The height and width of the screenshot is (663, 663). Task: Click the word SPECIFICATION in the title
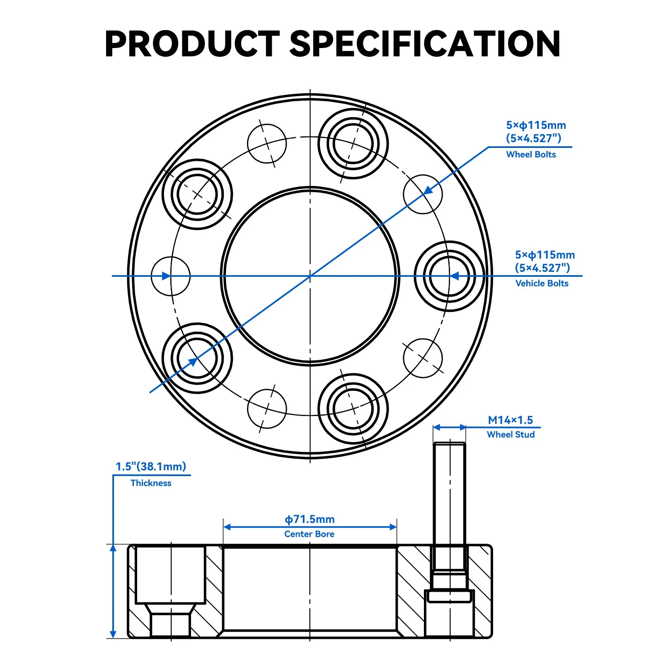(425, 44)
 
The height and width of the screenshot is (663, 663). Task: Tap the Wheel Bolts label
(531, 155)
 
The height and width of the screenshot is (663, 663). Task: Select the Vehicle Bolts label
(542, 283)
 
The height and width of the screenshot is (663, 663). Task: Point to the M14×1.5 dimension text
(510, 420)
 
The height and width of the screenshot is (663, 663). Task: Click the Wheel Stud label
(511, 435)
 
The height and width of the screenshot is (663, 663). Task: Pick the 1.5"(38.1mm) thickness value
(151, 467)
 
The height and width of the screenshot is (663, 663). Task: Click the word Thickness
(151, 483)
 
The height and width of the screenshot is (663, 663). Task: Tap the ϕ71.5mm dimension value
(310, 519)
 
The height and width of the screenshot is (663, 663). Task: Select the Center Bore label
(309, 534)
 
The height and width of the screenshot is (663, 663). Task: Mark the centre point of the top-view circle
(310, 276)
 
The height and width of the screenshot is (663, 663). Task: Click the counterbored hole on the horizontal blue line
(450, 276)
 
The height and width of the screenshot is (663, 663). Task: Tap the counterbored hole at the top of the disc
(353, 143)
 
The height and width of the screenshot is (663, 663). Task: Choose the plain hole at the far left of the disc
(171, 276)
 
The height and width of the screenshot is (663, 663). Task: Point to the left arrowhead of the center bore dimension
(227, 527)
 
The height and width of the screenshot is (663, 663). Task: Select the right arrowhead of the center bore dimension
(393, 527)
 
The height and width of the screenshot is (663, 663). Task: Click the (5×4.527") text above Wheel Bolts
(534, 138)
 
